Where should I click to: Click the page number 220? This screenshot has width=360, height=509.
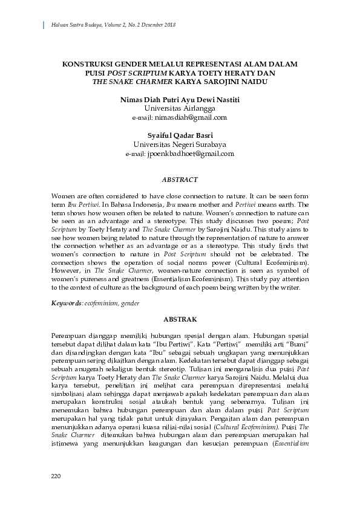(56, 478)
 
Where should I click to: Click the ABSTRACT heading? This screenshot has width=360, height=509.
(180, 180)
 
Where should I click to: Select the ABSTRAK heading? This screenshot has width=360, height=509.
(180, 318)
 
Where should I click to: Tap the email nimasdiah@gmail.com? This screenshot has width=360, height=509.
(191, 117)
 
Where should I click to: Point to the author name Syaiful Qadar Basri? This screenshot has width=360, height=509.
(180, 135)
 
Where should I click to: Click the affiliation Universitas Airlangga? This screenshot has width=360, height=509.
(180, 108)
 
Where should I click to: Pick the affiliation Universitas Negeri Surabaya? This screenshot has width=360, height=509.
(180, 144)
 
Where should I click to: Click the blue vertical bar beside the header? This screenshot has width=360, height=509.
(44, 25)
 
